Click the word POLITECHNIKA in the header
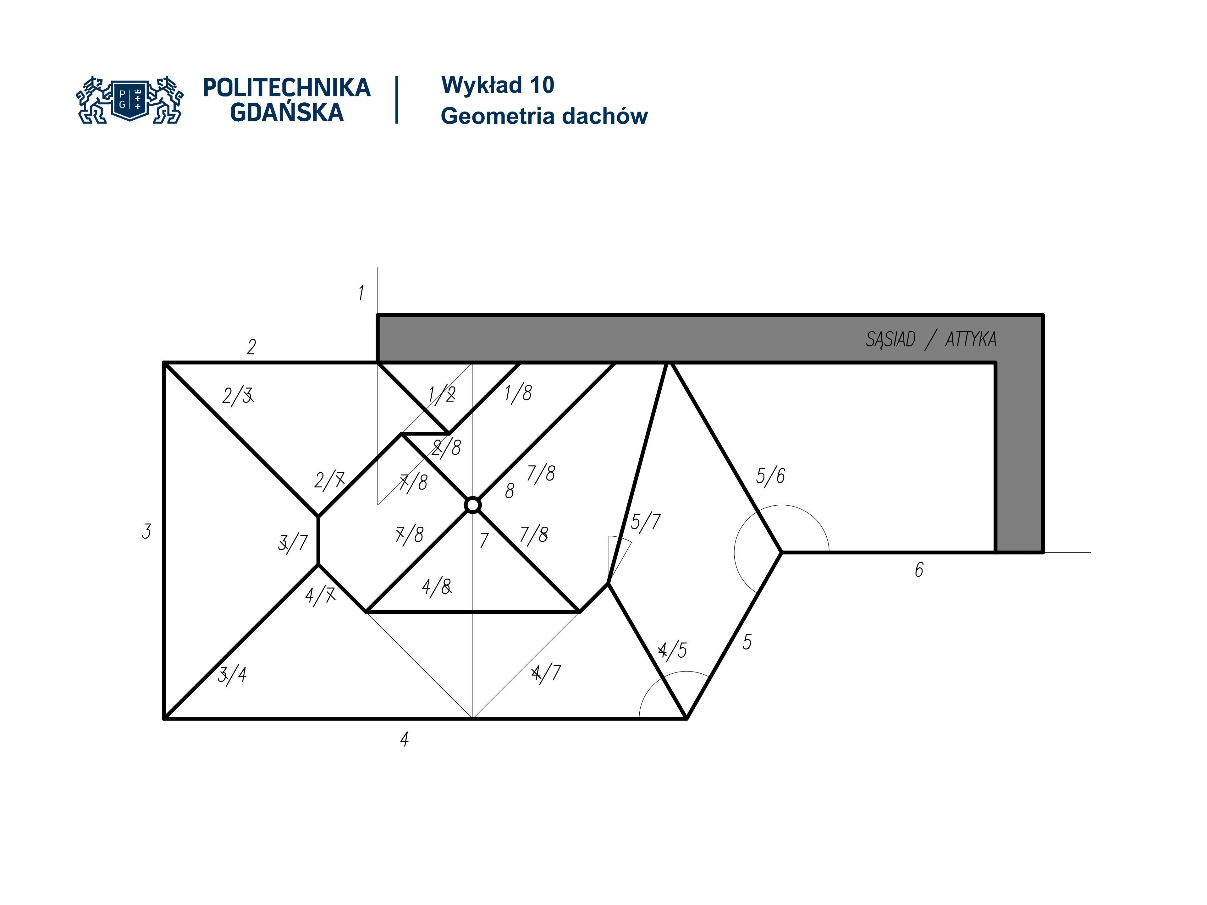[286, 88]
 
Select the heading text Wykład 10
[498, 85]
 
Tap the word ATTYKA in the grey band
[971, 339]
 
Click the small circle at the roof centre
[472, 505]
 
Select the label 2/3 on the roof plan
[238, 396]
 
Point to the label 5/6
[770, 476]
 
